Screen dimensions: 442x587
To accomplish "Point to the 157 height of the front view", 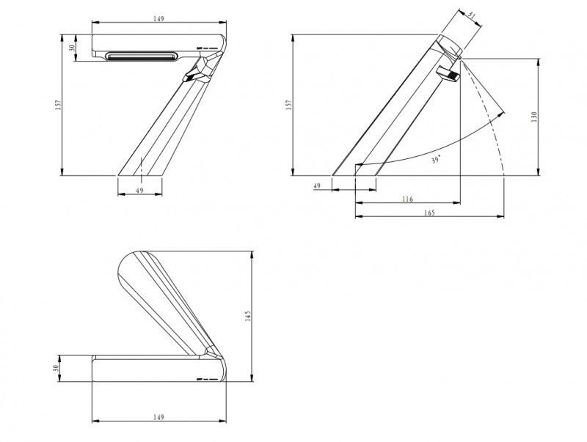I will (x=58, y=105).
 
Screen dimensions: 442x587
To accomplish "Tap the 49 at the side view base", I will (x=318, y=186).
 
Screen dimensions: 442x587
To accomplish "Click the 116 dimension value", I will (x=407, y=199).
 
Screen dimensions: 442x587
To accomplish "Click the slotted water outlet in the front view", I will (x=140, y=56).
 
